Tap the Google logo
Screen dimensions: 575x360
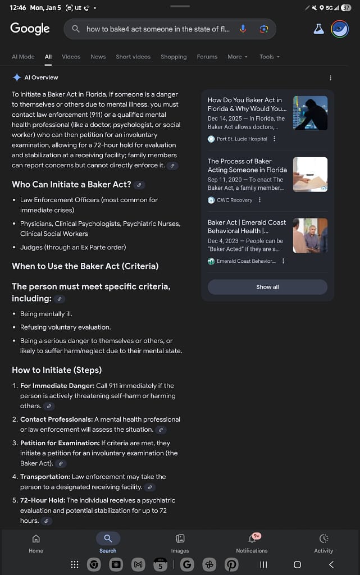point(30,29)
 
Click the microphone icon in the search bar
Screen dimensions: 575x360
point(243,29)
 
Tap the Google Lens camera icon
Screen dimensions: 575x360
point(263,29)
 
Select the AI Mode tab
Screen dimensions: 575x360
point(23,57)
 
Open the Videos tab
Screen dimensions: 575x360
point(71,57)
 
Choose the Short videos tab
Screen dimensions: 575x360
point(133,57)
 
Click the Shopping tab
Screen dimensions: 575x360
point(174,57)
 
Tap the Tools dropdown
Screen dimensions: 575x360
point(269,57)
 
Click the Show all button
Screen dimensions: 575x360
point(267,287)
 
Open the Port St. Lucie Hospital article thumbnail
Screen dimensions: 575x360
point(310,113)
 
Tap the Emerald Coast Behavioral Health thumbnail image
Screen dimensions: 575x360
point(310,235)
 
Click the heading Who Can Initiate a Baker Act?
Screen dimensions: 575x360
point(71,184)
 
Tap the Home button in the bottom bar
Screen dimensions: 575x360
point(36,543)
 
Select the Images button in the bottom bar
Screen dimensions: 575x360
point(180,543)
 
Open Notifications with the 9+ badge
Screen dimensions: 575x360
point(252,543)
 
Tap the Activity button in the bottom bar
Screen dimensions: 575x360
point(323,543)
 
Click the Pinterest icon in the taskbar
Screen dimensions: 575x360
point(231,564)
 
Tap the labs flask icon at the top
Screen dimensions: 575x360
point(319,29)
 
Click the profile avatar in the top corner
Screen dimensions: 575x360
point(340,29)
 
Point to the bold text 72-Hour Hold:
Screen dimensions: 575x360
point(42,500)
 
